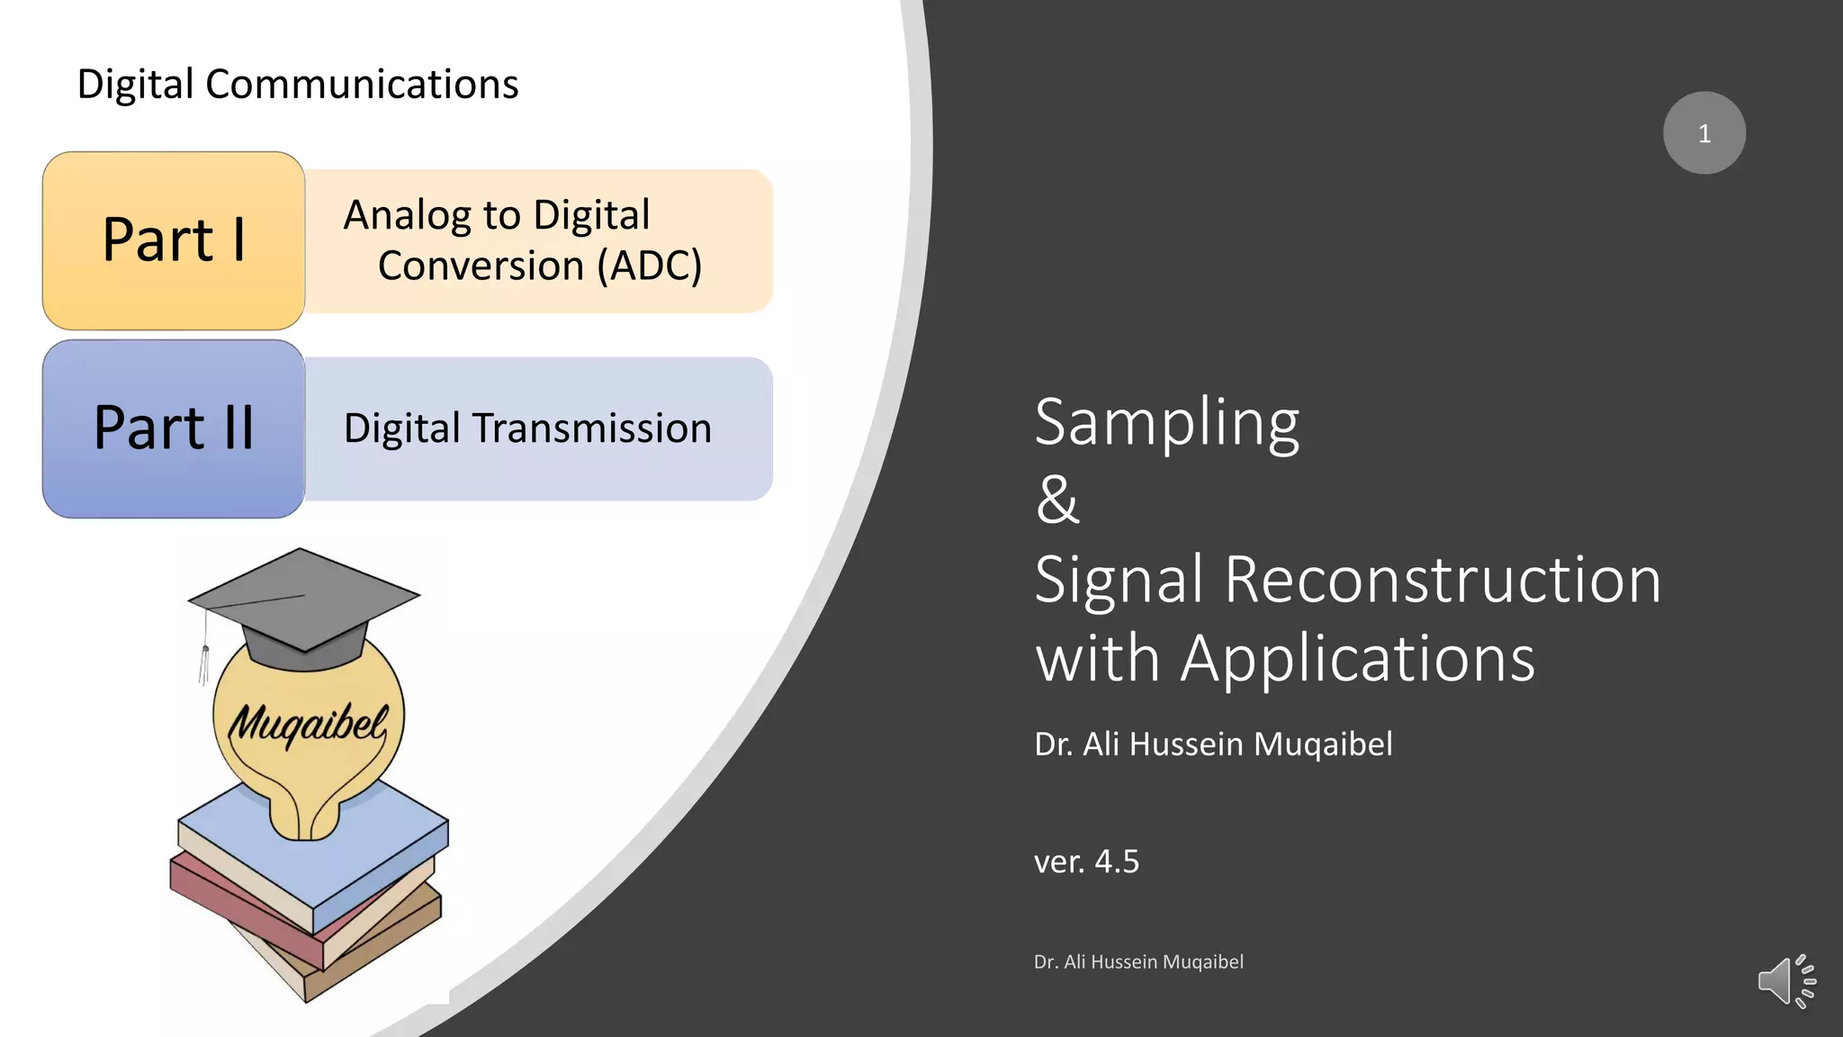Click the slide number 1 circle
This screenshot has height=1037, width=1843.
pos(1704,133)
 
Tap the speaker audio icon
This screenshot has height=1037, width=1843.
pos(1785,981)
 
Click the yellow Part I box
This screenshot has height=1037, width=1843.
pos(174,240)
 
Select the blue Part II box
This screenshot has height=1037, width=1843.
pos(174,428)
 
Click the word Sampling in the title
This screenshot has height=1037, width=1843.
pos(1166,423)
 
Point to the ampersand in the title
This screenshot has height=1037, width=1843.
pos(1056,500)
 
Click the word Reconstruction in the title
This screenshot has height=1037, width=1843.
pos(1442,580)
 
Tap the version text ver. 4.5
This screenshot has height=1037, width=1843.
pos(1086,861)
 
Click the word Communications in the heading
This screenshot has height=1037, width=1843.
pos(362,85)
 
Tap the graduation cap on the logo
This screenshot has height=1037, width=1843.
pos(304,603)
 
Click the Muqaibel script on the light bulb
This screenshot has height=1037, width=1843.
pos(308,723)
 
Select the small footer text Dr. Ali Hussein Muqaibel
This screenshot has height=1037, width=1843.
pos(1138,961)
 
